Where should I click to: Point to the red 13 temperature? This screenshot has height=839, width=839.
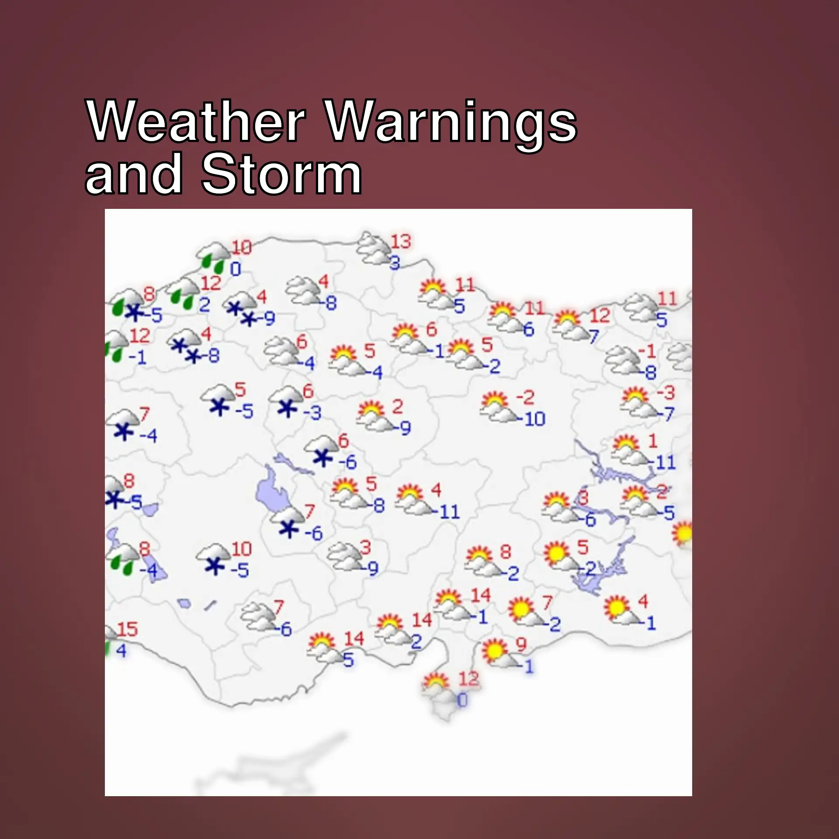pos(401,241)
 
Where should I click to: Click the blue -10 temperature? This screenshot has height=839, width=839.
pos(533,419)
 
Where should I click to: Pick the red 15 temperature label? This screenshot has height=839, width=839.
pos(127,630)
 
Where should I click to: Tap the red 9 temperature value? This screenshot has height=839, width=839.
pos(521,644)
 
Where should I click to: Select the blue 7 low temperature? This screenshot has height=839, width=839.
pos(593,336)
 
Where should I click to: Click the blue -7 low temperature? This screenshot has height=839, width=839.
pos(668,413)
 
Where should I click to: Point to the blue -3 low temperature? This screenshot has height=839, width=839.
pos(312,412)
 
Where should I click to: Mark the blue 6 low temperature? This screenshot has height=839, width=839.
pos(529,329)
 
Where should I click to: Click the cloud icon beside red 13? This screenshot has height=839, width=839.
pos(373,249)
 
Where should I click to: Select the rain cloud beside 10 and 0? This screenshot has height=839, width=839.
pos(213,256)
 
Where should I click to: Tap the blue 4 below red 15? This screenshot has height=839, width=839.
pos(121,651)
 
